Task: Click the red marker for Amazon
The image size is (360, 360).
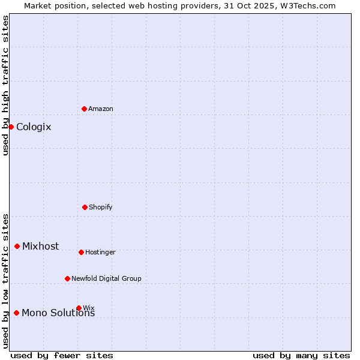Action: point(84,109)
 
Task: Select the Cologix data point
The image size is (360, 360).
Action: point(11,127)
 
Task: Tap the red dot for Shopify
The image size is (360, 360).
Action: point(85,207)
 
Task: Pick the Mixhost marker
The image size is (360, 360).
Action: point(17,246)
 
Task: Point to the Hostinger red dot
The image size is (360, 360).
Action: point(81,252)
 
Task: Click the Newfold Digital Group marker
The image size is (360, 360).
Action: point(67,278)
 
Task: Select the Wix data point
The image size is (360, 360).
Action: point(79,308)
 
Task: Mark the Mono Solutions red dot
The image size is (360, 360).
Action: point(16,313)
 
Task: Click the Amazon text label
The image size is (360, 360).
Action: point(101,109)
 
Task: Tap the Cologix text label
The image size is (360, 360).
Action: point(34,127)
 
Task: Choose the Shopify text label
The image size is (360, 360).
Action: point(101,207)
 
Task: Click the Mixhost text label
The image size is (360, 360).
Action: point(41,246)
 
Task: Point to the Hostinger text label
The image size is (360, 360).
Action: point(100,252)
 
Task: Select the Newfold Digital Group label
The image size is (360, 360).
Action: point(106,278)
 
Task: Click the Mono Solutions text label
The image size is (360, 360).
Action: point(58,313)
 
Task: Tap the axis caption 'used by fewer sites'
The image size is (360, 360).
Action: point(62,355)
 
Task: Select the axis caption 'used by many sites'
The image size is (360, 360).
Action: point(301,355)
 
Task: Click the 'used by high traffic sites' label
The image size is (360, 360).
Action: point(5,85)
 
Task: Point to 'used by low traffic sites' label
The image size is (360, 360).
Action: point(5,281)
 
